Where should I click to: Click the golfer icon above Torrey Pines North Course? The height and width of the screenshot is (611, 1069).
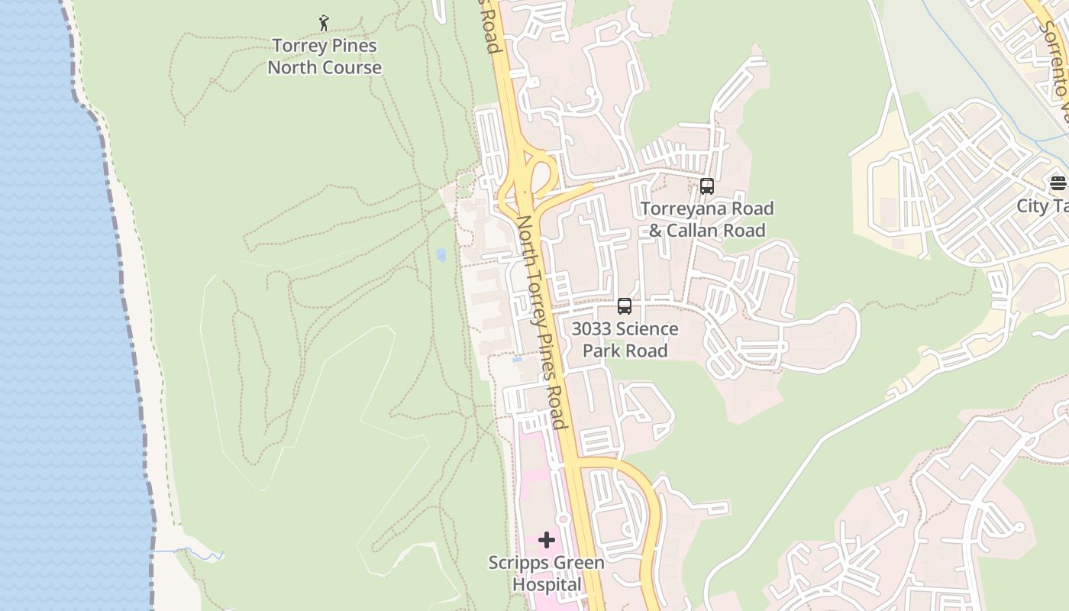324,23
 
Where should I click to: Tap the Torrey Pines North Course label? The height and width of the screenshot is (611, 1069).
325,57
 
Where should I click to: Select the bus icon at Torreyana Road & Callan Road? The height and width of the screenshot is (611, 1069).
707,186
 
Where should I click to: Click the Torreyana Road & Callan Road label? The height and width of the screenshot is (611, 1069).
707,219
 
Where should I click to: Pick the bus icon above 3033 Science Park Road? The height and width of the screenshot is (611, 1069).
625,306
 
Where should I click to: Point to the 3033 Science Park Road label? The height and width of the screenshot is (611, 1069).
625,340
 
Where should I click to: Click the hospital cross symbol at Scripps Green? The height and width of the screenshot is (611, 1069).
547,541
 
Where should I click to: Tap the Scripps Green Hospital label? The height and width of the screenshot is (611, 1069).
547,574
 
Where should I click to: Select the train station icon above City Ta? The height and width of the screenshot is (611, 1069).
1058,183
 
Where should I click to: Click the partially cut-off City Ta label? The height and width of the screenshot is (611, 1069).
1042,206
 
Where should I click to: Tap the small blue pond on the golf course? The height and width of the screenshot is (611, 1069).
441,255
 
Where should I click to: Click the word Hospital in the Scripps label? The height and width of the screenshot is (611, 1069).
547,585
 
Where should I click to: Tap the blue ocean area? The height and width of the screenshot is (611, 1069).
53,305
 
